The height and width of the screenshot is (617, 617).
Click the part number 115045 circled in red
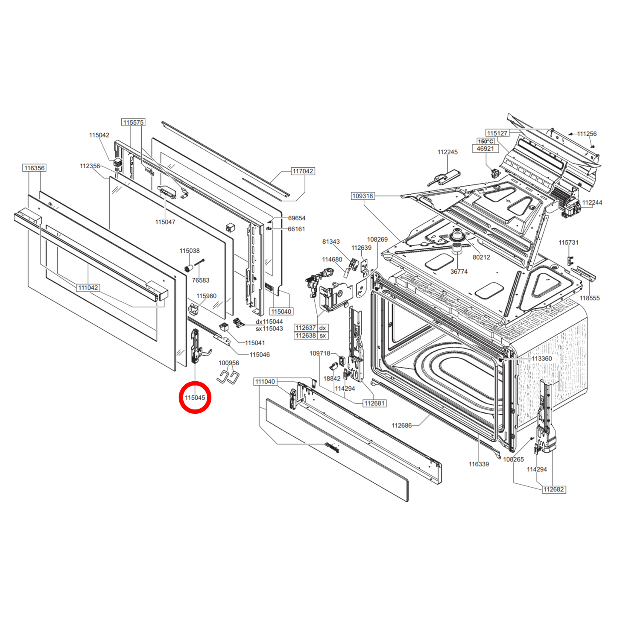click(195, 398)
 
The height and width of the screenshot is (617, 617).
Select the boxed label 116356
click(34, 168)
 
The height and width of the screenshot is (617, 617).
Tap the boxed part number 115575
click(133, 122)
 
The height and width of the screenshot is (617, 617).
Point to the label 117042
click(303, 171)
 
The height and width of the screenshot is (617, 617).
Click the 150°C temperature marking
click(485, 141)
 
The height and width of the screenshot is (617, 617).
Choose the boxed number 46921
click(485, 149)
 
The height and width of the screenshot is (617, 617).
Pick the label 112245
click(447, 152)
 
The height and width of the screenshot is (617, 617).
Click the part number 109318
click(363, 196)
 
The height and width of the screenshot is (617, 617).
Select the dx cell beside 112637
click(323, 328)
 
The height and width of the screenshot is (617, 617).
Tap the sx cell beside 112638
click(323, 336)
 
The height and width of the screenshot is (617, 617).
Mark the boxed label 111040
click(265, 381)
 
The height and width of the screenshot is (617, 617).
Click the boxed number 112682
click(553, 489)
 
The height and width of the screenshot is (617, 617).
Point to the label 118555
click(590, 298)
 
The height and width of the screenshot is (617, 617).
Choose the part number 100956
click(229, 363)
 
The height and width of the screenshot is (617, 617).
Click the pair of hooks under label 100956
click(228, 377)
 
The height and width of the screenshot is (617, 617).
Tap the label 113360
click(541, 359)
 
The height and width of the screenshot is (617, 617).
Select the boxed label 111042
click(88, 288)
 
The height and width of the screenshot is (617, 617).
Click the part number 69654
click(296, 218)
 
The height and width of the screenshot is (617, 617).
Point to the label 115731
click(568, 243)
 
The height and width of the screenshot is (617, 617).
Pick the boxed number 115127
click(497, 133)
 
